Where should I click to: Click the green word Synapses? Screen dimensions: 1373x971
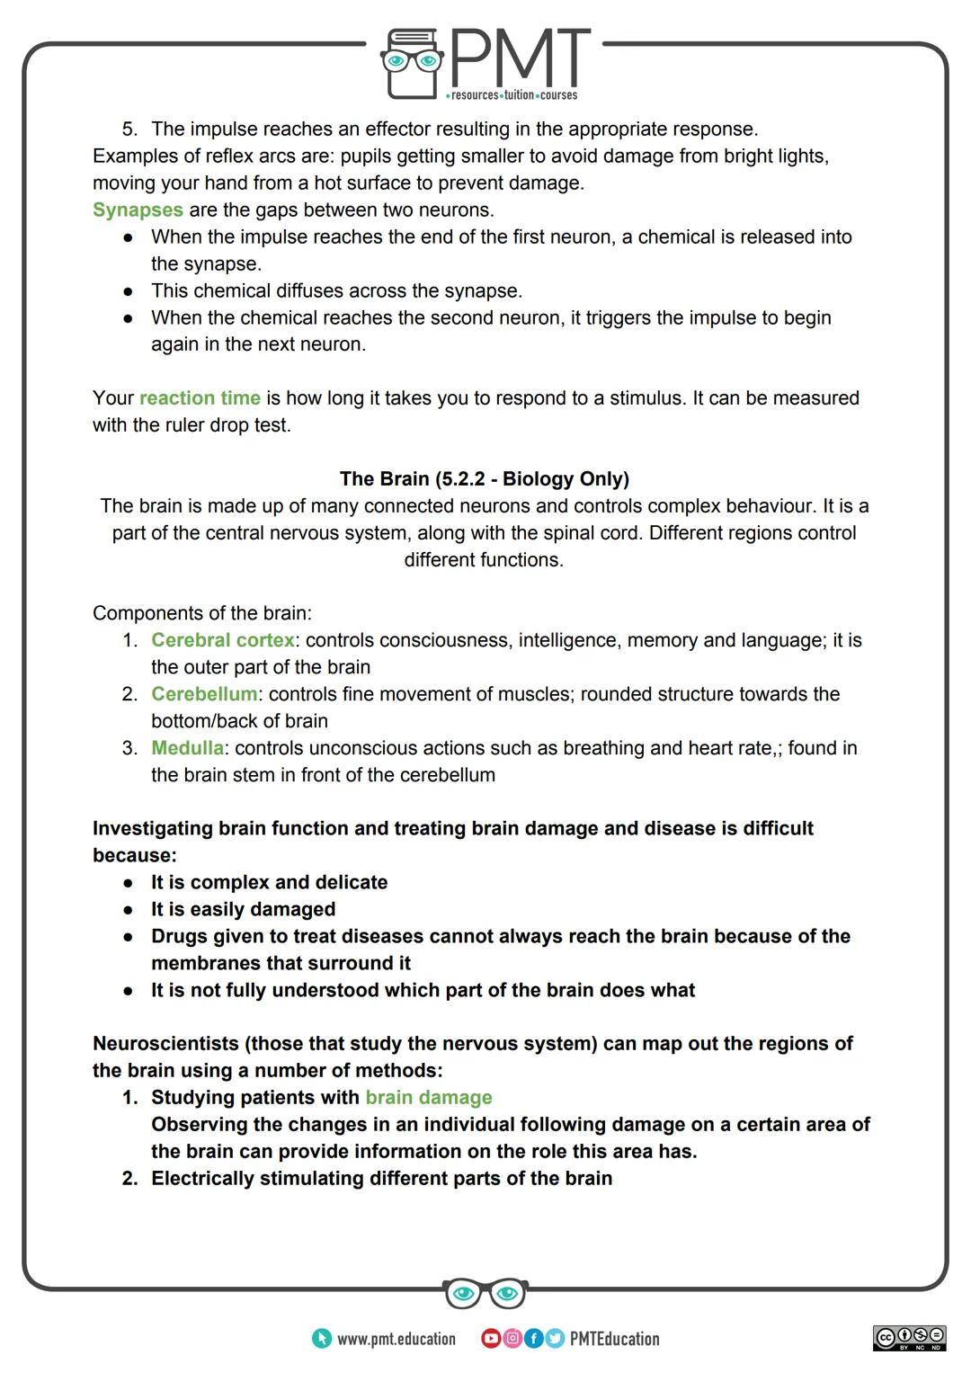point(138,210)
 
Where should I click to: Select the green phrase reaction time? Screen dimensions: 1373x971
point(200,398)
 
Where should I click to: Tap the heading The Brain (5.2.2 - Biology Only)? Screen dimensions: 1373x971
point(484,479)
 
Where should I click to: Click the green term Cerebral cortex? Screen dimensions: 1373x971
point(222,641)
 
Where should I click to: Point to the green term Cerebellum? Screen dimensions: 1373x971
point(204,695)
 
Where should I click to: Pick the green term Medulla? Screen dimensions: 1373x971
point(187,749)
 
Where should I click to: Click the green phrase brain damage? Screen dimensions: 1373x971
point(429,1098)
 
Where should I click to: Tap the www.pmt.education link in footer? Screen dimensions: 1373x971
point(396,1340)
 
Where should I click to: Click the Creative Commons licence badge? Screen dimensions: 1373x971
point(909,1338)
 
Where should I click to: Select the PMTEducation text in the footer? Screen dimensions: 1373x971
point(614,1340)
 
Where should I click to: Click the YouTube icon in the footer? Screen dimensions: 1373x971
point(491,1339)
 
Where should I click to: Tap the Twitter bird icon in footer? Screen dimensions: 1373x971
point(554,1339)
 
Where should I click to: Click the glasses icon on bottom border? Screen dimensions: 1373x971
point(485,1294)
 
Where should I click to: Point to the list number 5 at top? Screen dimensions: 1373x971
point(128,129)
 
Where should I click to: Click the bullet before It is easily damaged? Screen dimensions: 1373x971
point(129,910)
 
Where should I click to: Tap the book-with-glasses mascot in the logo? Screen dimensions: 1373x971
point(412,63)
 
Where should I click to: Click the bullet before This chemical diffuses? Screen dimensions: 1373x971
point(129,291)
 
